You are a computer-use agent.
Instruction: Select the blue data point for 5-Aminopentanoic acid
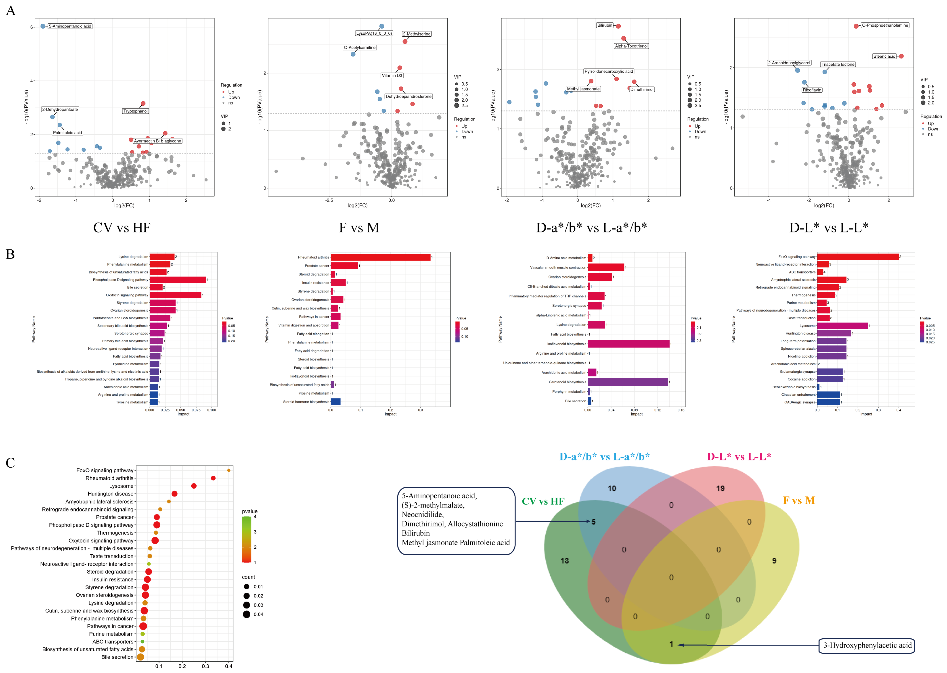(x=43, y=26)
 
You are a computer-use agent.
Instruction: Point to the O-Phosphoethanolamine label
(x=885, y=25)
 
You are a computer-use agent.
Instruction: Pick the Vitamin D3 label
(x=392, y=75)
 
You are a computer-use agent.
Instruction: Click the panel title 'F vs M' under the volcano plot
(x=359, y=228)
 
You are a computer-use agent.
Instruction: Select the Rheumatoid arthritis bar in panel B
(x=380, y=257)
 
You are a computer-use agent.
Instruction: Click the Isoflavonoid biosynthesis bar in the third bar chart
(x=628, y=344)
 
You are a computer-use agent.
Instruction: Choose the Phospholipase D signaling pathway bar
(x=178, y=280)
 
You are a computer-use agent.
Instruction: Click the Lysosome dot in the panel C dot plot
(x=194, y=486)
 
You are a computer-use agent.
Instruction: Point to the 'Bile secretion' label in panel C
(x=117, y=657)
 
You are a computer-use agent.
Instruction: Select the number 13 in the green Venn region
(x=564, y=561)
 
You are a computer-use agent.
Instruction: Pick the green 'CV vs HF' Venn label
(x=543, y=502)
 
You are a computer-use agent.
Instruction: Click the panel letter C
(x=10, y=462)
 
